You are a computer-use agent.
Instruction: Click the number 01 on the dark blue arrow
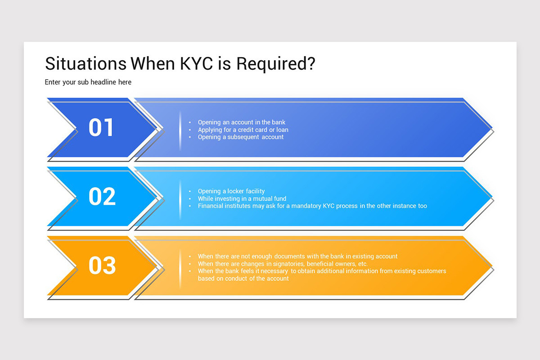click(x=101, y=127)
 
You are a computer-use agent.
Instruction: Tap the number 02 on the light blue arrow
click(x=102, y=197)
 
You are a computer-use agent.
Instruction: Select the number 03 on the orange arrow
click(x=102, y=265)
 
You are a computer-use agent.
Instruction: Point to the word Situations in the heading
click(x=85, y=64)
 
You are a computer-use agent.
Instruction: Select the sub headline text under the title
click(x=88, y=82)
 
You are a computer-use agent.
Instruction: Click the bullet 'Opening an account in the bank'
click(x=242, y=122)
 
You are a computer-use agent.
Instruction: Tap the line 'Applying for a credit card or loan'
click(x=243, y=130)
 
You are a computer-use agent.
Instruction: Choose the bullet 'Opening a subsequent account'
click(x=241, y=137)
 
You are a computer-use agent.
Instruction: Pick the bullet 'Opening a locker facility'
click(x=231, y=191)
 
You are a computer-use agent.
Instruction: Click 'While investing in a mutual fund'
click(x=242, y=198)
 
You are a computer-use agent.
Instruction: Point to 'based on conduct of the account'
click(x=243, y=278)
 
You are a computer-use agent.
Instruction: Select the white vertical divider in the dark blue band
click(x=180, y=130)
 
